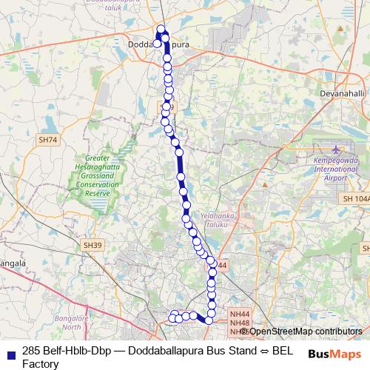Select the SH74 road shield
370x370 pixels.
48,139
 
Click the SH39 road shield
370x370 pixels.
92,245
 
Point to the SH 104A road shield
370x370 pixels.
356,200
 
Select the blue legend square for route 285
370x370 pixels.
9,351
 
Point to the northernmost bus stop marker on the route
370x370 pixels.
161,30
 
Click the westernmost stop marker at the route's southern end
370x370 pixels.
172,318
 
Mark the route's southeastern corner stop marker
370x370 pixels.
209,320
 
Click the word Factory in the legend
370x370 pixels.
40,363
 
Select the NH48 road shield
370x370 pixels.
238,323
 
